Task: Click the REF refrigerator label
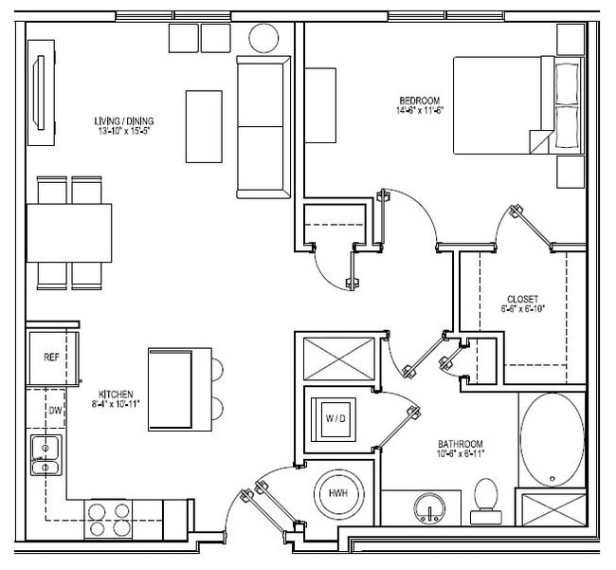coord(51,358)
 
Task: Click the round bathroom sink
coord(431,509)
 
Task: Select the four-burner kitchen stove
coord(109,518)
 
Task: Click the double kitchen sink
coord(44,454)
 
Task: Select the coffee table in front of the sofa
coord(204,126)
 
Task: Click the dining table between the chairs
coord(68,232)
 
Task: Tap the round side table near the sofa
coord(263,38)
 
